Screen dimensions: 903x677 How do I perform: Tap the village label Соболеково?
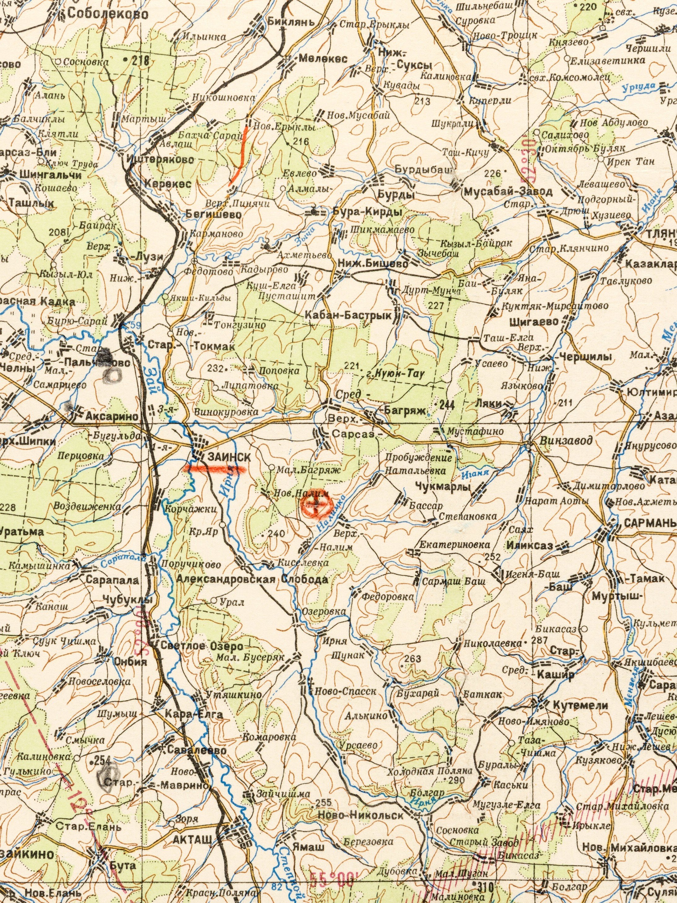click(108, 14)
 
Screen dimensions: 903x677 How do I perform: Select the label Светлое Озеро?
click(203, 646)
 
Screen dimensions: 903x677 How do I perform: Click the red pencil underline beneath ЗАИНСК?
click(216, 469)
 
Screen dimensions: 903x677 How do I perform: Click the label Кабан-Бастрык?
click(348, 315)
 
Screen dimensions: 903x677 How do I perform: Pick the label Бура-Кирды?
click(367, 212)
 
